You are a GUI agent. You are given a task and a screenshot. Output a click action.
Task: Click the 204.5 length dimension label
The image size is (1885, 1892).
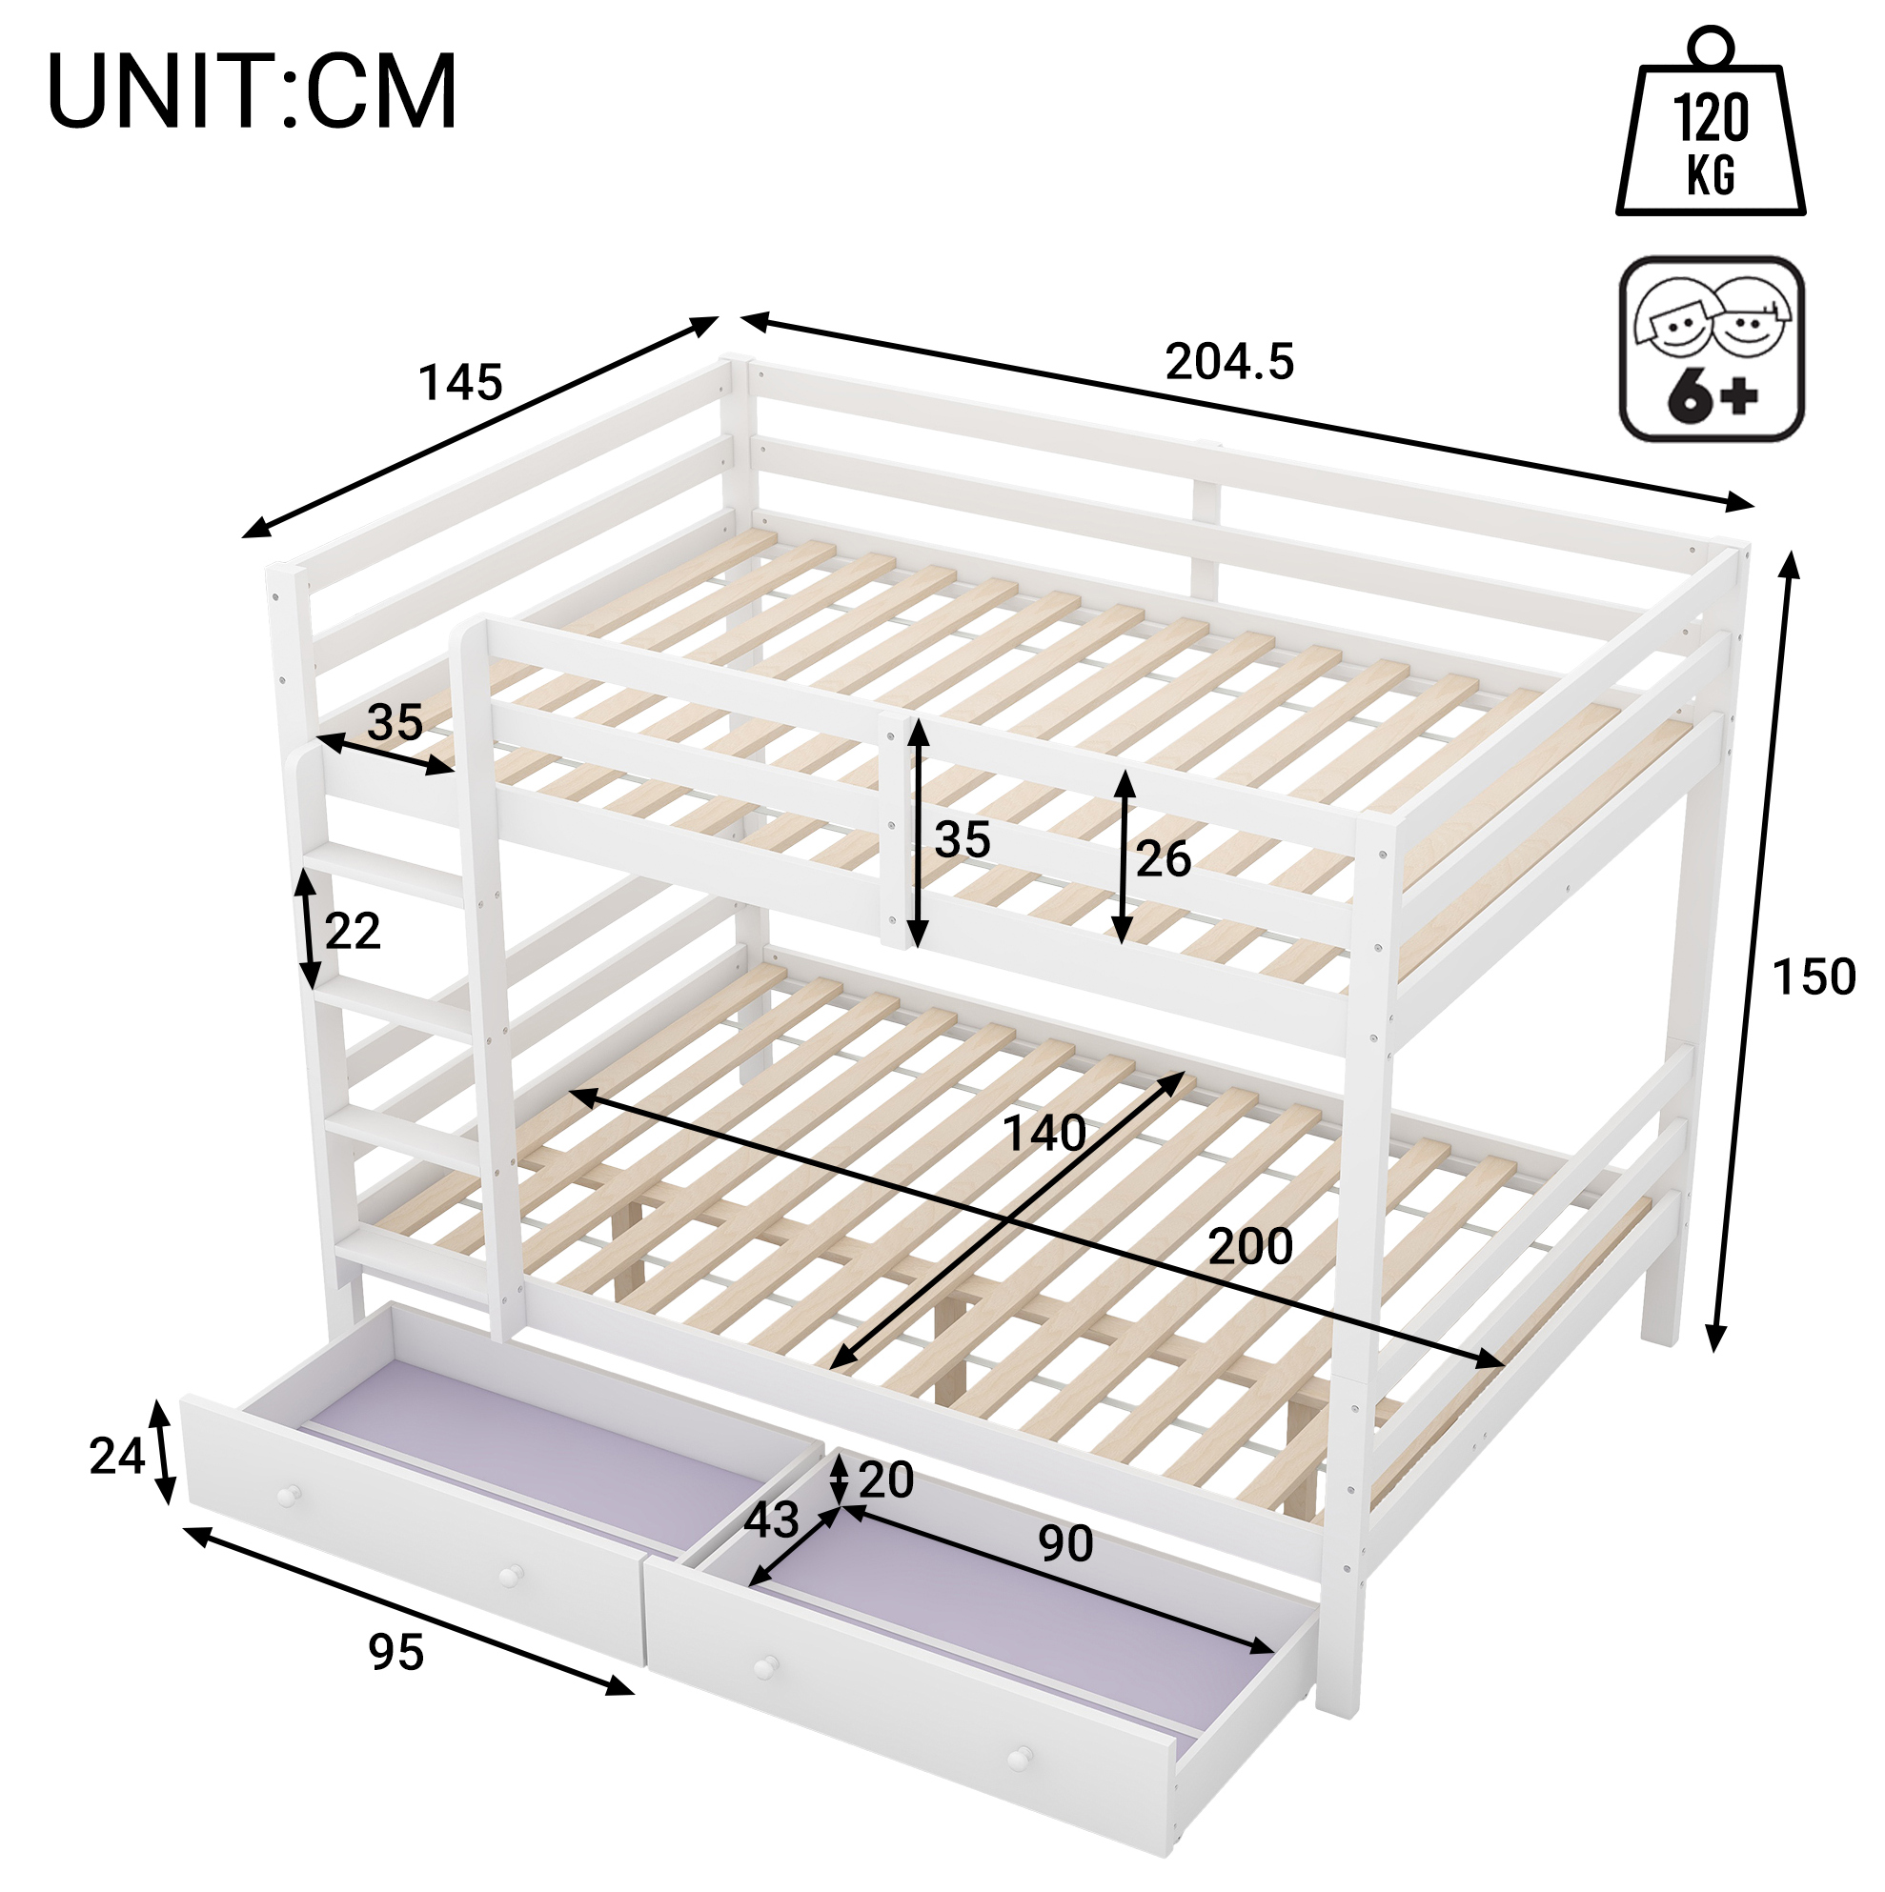[1229, 362]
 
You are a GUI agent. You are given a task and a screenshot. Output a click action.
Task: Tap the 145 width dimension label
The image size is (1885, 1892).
[460, 383]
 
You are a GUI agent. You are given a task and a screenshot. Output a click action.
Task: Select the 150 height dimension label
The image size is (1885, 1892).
[1814, 977]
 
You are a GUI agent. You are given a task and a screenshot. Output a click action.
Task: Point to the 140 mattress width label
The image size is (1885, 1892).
[1044, 1134]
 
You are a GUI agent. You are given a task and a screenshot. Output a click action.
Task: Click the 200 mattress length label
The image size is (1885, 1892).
[1250, 1247]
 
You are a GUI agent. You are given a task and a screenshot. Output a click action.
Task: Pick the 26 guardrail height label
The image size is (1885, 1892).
[1164, 859]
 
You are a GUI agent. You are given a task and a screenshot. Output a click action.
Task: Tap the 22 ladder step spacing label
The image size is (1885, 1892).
[353, 932]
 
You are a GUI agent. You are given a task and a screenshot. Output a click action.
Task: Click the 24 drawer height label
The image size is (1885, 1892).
[117, 1457]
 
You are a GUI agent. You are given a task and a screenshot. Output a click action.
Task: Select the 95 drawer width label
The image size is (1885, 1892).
[396, 1653]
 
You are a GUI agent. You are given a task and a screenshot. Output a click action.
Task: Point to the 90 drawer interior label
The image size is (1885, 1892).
[1066, 1544]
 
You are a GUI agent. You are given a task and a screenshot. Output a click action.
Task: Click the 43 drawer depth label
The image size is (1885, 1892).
[772, 1520]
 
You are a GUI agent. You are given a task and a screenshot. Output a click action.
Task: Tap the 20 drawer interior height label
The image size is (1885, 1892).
[885, 1479]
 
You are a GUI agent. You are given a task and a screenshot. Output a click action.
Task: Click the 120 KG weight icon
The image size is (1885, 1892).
[1711, 122]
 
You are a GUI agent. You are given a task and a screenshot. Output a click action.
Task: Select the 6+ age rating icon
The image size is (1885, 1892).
[1712, 350]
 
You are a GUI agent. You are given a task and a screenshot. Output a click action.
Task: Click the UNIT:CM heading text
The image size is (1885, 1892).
[252, 92]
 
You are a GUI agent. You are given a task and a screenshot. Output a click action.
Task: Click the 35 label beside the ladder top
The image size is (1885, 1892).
[395, 723]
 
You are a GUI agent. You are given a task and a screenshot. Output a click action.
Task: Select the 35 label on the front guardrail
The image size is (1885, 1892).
[963, 840]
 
